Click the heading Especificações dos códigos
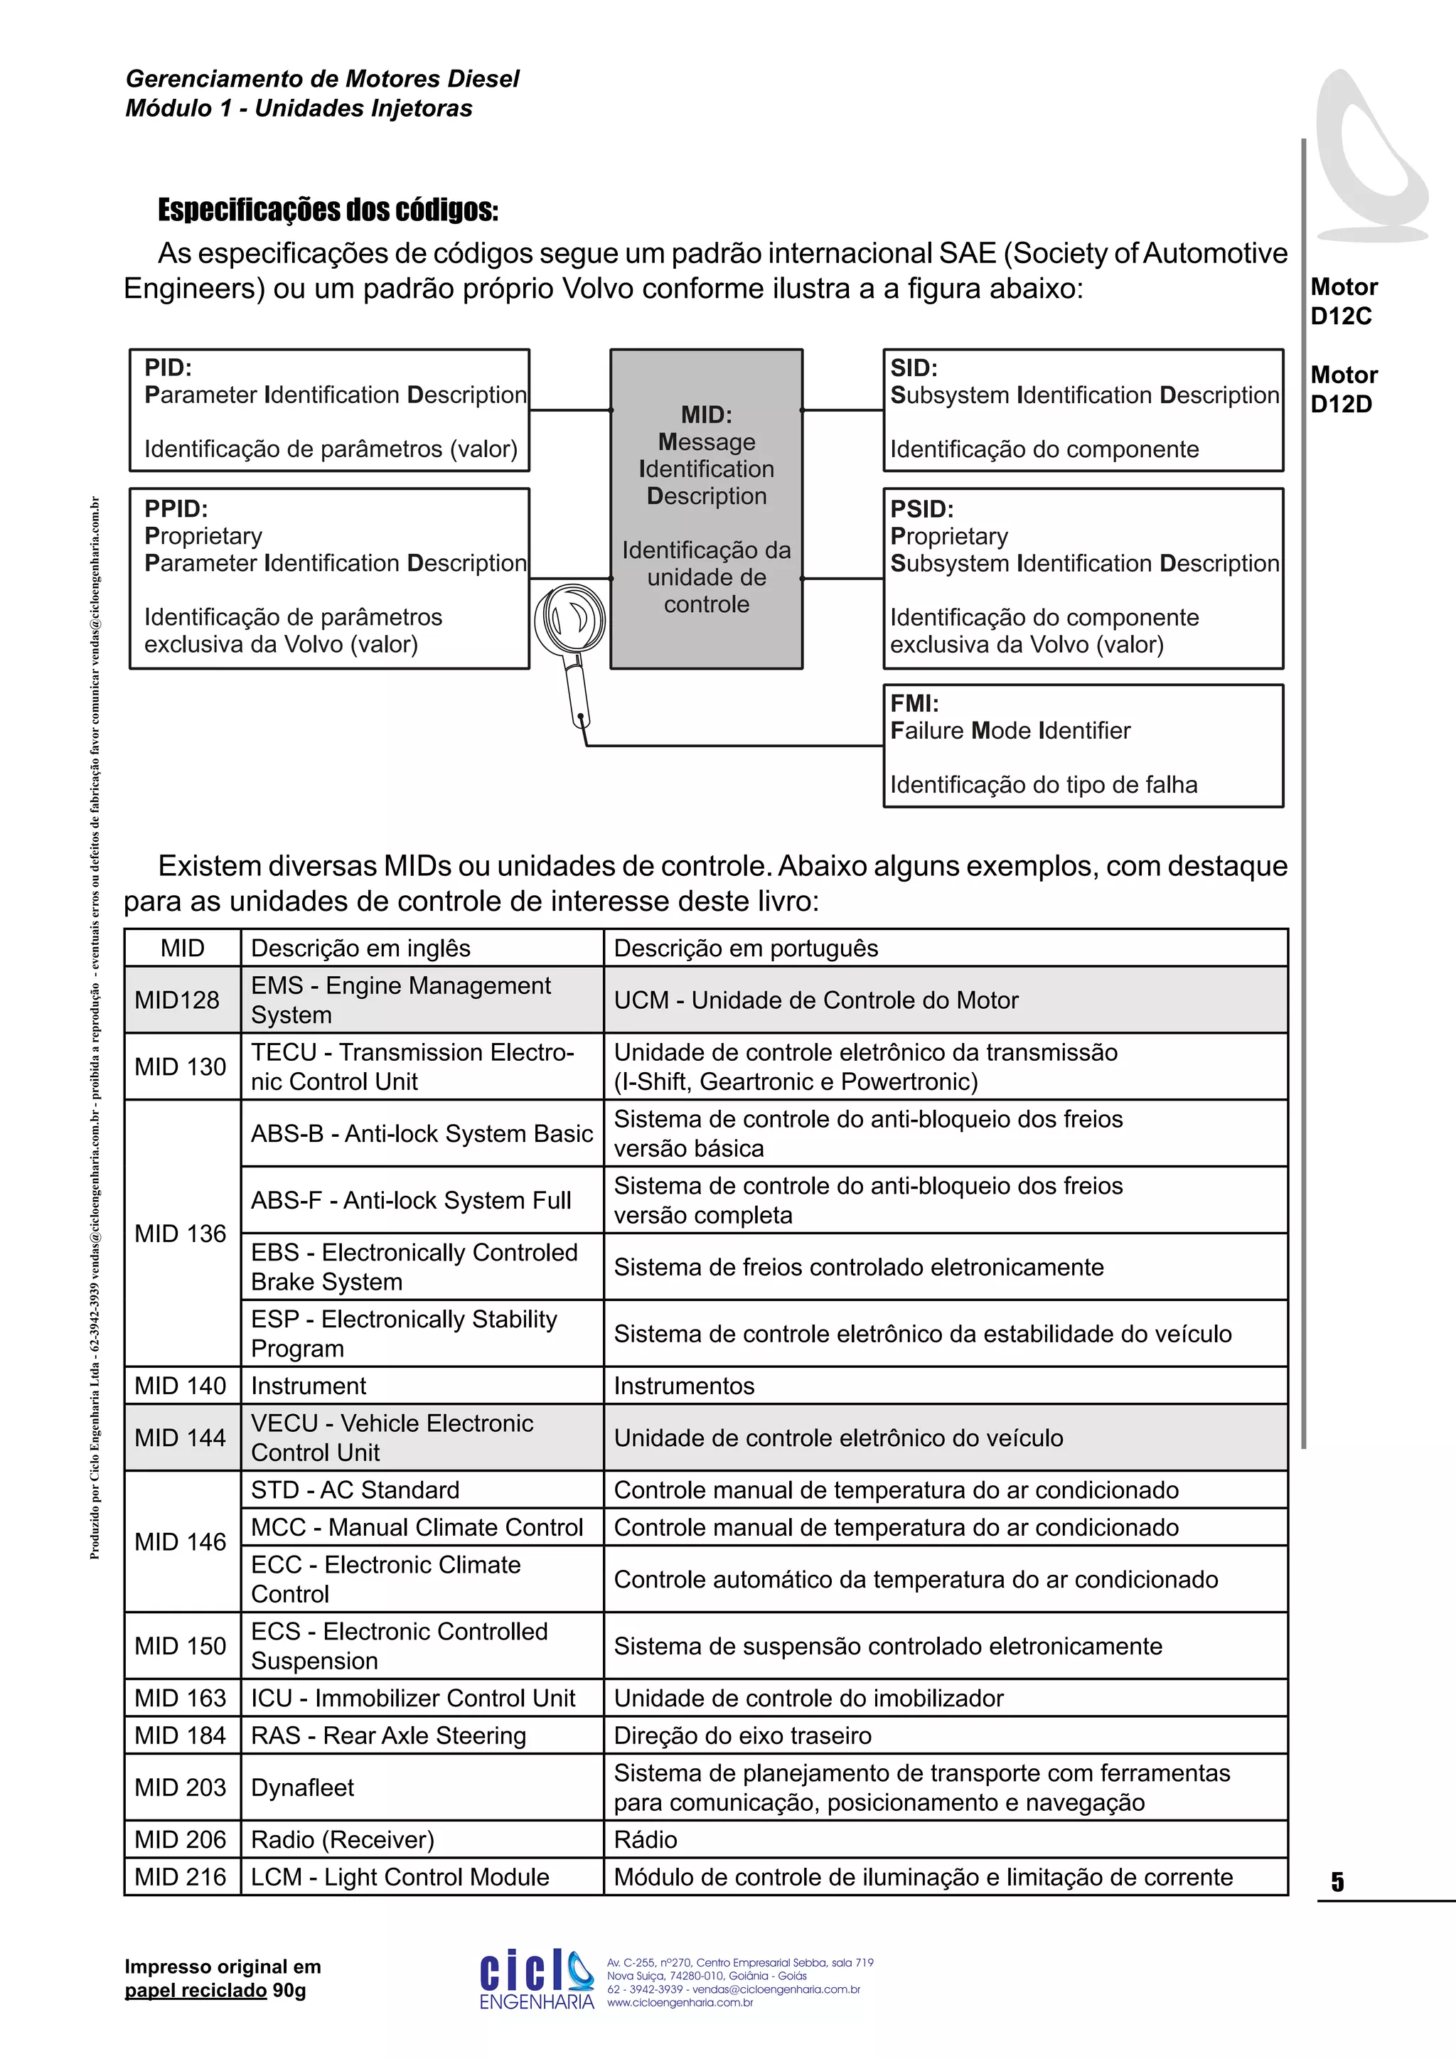[328, 210]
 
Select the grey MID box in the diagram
[707, 508]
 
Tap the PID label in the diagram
[168, 368]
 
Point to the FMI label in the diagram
[914, 703]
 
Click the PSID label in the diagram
[921, 508]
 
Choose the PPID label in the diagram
[176, 508]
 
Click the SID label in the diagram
[914, 368]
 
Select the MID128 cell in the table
[178, 1000]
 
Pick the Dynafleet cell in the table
[303, 1787]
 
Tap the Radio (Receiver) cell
[343, 1839]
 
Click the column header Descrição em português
[746, 948]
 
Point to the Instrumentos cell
[684, 1386]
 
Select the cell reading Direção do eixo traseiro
[742, 1736]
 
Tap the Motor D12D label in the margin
[1343, 389]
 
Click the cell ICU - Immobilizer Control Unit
[412, 1698]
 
